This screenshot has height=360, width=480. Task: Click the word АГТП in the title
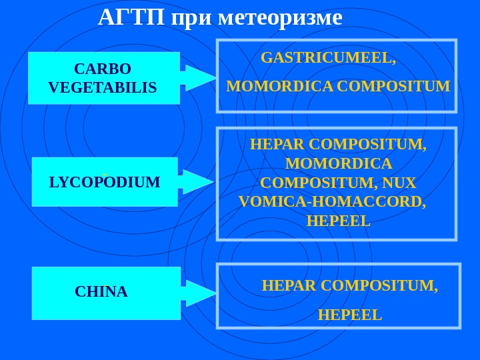pos(131,18)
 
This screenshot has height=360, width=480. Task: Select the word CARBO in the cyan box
pos(103,69)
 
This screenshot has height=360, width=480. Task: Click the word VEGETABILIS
pos(103,88)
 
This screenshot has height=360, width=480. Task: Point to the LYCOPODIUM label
pos(105,182)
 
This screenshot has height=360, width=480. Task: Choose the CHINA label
pos(101,292)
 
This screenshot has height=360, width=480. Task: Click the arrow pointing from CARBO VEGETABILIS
pos(199,78)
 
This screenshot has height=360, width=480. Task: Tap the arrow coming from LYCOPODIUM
pos(197,182)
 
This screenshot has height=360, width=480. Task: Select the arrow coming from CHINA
pos(199,293)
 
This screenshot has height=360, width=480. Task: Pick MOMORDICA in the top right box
pos(280,87)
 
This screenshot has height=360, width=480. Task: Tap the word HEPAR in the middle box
pos(277,145)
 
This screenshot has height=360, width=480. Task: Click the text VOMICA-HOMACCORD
pos(331,201)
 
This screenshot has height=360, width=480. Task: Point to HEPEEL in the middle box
pos(338,221)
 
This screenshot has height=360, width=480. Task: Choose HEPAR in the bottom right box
pos(289,286)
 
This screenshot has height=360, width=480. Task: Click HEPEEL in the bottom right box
pos(350,315)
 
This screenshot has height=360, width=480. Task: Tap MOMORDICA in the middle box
pos(338,164)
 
